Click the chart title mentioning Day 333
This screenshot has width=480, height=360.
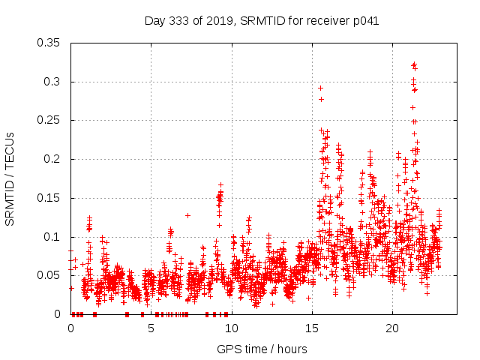pos(261,21)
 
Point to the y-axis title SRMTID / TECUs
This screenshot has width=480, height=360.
pos(10,178)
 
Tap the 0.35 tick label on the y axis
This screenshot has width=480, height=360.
pos(50,43)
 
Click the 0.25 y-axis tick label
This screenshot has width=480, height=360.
pos(50,120)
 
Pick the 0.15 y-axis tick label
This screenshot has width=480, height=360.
pos(50,198)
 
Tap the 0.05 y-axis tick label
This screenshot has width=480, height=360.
pos(50,275)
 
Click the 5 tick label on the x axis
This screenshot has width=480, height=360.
pos(151,328)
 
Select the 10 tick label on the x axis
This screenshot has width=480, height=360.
pos(231,328)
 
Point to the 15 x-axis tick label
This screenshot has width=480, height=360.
pos(311,328)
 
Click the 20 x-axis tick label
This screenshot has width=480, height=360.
pos(391,328)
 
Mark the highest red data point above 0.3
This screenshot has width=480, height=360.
pos(414,64)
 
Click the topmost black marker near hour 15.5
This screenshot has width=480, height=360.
pos(320,88)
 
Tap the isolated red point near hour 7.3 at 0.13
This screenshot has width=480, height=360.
pos(187,215)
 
